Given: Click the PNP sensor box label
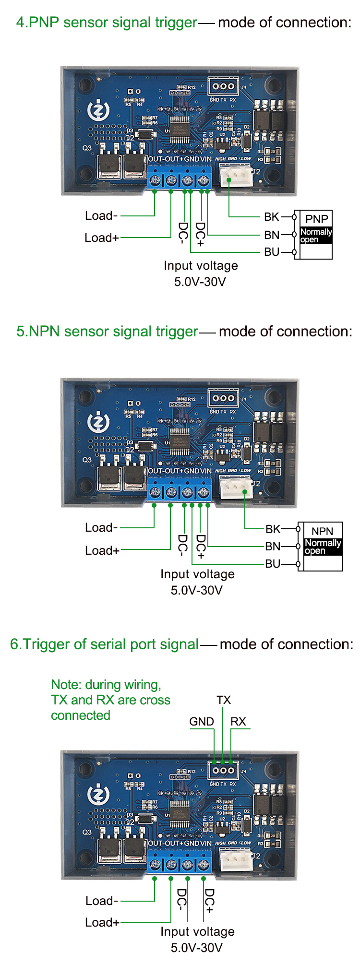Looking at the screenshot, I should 317,219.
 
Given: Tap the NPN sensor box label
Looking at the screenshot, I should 322,531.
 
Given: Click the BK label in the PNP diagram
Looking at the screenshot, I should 272,217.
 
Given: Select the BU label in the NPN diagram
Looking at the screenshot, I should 273,564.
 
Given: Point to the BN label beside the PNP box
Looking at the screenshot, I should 272,235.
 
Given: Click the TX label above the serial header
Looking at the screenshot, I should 224,700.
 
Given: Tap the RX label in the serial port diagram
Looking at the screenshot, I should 238,722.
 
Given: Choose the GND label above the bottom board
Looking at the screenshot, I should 202,722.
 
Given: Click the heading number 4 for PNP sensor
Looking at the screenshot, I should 20,23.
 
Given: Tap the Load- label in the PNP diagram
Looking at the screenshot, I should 101,216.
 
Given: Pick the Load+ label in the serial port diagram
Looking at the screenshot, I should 102,922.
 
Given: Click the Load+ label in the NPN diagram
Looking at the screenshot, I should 102,550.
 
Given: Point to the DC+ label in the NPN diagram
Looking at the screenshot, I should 201,547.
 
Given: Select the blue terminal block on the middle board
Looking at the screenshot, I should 179,491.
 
